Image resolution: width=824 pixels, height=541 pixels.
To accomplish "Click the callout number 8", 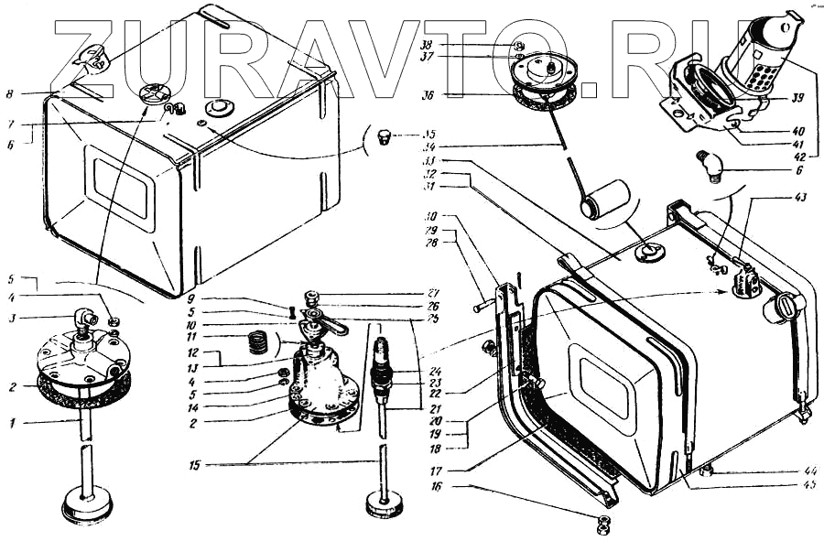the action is [8, 92].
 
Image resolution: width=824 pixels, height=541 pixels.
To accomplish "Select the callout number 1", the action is [12, 424].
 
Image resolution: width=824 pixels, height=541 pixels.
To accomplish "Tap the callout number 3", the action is [12, 319].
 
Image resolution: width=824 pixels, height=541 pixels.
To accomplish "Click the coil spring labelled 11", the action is [259, 345].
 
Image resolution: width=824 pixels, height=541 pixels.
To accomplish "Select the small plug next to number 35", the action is [385, 138].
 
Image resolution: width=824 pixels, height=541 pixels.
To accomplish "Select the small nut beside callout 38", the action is [518, 45].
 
